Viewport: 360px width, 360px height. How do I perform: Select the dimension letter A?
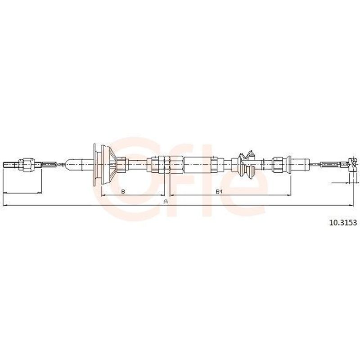click(165, 202)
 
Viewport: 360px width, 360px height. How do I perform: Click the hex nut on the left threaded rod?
click(27, 164)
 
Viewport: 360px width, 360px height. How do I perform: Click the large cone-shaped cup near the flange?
click(108, 164)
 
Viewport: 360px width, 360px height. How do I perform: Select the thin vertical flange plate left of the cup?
click(94, 164)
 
